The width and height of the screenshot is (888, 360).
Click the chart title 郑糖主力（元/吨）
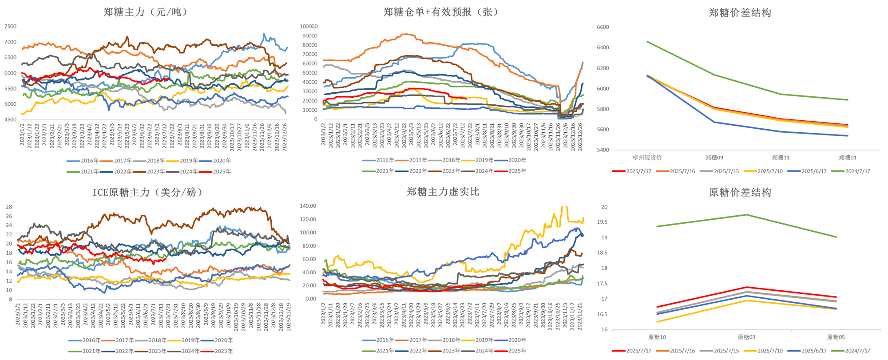pyautogui.click(x=146, y=12)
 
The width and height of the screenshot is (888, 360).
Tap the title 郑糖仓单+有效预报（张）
pyautogui.click(x=441, y=12)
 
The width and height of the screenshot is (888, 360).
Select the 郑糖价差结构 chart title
pyautogui.click(x=740, y=13)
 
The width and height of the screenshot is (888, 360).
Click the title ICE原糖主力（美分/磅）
pyautogui.click(x=147, y=192)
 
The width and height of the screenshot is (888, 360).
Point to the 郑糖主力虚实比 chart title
pyautogui.click(x=443, y=192)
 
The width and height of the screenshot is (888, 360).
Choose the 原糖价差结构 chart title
pyautogui.click(x=740, y=192)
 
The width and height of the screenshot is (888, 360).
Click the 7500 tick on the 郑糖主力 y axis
pyautogui.click(x=10, y=27)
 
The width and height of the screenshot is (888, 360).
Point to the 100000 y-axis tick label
pyautogui.click(x=309, y=27)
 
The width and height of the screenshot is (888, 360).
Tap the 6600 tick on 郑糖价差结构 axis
pyautogui.click(x=603, y=27)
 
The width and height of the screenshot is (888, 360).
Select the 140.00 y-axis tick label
pyautogui.click(x=308, y=206)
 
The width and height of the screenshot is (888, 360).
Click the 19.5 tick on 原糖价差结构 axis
pyautogui.click(x=604, y=222)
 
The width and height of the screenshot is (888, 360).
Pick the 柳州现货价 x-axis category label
pyautogui.click(x=647, y=158)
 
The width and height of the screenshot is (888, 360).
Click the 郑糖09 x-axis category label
pyautogui.click(x=714, y=158)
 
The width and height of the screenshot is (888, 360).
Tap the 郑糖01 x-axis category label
pyautogui.click(x=847, y=158)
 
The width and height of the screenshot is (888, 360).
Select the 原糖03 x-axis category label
pyautogui.click(x=746, y=337)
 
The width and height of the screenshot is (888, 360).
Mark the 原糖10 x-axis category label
pyautogui.click(x=657, y=337)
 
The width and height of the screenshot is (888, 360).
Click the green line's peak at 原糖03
pyautogui.click(x=746, y=215)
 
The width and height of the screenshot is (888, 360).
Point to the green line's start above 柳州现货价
pyautogui.click(x=647, y=42)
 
